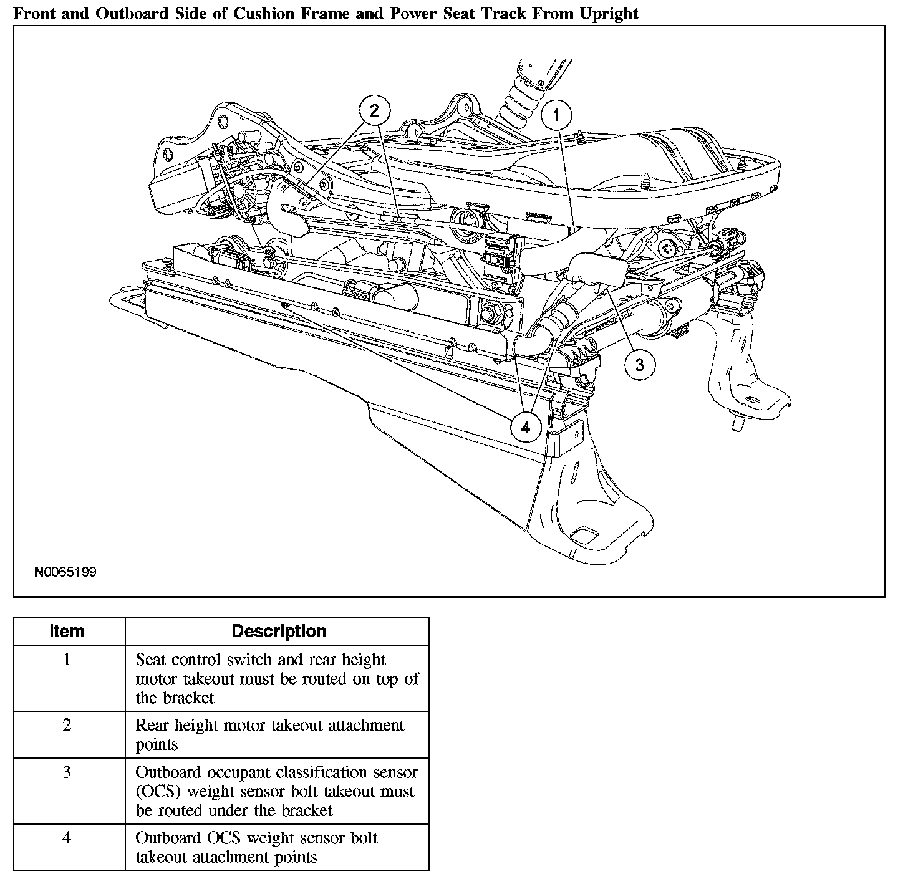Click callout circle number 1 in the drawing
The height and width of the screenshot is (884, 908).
point(556,117)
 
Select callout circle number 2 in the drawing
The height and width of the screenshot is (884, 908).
point(374,111)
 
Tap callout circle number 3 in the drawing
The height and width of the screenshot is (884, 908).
point(639,364)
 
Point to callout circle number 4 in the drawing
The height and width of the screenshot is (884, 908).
point(525,427)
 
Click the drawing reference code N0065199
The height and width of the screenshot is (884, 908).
point(65,572)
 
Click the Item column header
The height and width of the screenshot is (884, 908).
point(67,631)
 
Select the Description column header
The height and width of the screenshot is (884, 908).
point(279,631)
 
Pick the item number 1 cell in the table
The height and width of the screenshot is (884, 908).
point(67,660)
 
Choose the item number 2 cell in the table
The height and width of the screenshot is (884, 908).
point(67,725)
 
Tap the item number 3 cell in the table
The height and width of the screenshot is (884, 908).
point(67,772)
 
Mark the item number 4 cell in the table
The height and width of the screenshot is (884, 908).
point(67,838)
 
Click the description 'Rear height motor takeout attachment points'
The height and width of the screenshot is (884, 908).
point(270,735)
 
